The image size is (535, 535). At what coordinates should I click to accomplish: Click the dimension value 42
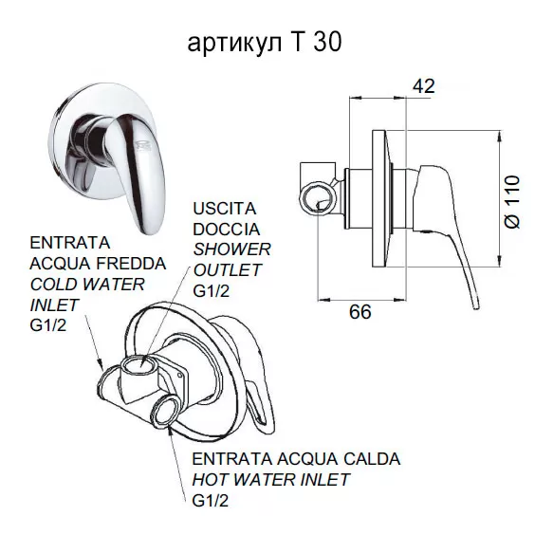(424, 86)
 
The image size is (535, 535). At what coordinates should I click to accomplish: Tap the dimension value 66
(360, 312)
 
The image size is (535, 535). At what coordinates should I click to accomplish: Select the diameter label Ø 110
(512, 202)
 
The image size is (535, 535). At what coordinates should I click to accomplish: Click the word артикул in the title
(235, 43)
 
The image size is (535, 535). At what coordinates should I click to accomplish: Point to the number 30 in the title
(327, 43)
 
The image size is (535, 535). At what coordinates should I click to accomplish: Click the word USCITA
(225, 209)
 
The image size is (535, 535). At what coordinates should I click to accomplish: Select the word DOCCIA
(226, 229)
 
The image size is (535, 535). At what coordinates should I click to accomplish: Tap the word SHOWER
(232, 249)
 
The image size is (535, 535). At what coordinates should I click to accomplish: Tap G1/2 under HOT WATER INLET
(211, 501)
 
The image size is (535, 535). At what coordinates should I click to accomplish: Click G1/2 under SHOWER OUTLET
(212, 291)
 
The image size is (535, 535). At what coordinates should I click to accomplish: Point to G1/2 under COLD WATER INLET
(48, 325)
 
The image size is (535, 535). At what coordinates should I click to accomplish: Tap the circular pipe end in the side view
(318, 197)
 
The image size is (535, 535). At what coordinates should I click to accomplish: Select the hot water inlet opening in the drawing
(166, 411)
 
